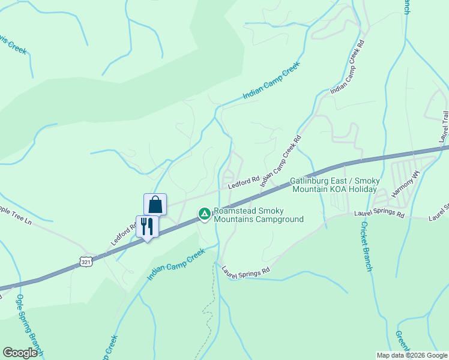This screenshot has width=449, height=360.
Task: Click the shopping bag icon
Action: pyautogui.click(x=155, y=204)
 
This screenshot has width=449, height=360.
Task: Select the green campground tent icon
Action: pyautogui.click(x=204, y=214)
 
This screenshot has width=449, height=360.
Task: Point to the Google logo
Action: pyautogui.click(x=20, y=353)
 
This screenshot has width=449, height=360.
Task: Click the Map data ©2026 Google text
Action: pyautogui.click(x=412, y=355)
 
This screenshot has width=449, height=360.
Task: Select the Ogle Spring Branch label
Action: pyautogui.click(x=30, y=324)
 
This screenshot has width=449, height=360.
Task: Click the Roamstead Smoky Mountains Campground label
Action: pyautogui.click(x=259, y=215)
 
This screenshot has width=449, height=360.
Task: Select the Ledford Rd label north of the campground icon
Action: pyautogui.click(x=243, y=182)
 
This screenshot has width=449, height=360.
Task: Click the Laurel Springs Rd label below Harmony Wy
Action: pyautogui.click(x=379, y=212)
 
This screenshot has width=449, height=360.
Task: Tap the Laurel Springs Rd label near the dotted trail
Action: pyautogui.click(x=246, y=272)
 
